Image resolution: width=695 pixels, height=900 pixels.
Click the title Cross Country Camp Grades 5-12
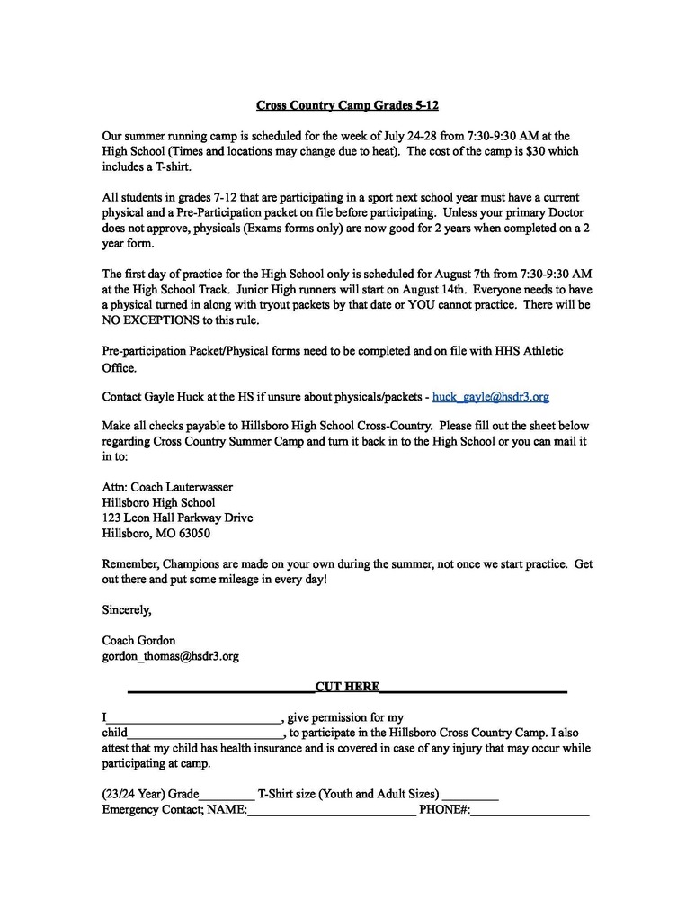click(347, 105)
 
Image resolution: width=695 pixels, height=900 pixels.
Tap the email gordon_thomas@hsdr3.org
click(171, 656)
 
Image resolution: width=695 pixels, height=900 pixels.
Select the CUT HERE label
click(347, 686)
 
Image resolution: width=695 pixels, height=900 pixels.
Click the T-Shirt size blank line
click(470, 796)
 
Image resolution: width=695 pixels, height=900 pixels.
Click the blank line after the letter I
click(194, 718)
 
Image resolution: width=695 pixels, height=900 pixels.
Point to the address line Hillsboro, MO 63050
click(156, 533)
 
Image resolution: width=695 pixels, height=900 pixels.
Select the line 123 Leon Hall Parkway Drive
click(177, 517)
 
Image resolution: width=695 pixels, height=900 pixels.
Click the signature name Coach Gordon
click(139, 640)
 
